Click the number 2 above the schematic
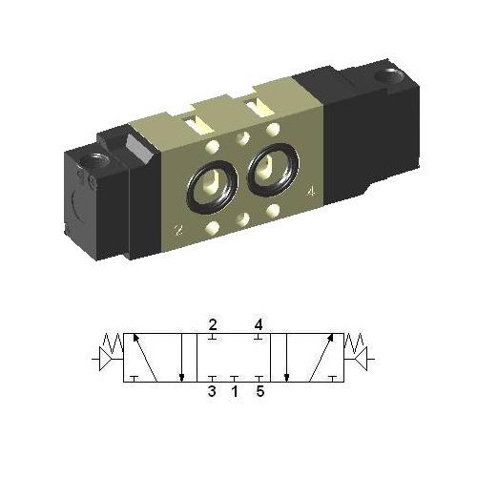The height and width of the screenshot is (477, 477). pos(213,323)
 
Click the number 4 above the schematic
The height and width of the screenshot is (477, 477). pos(259,323)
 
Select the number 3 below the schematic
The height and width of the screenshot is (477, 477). pos(213,390)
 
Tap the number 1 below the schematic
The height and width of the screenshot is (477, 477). pos(236,390)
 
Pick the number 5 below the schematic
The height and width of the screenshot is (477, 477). pos(259,390)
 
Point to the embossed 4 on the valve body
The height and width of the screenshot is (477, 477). pos(312,192)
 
